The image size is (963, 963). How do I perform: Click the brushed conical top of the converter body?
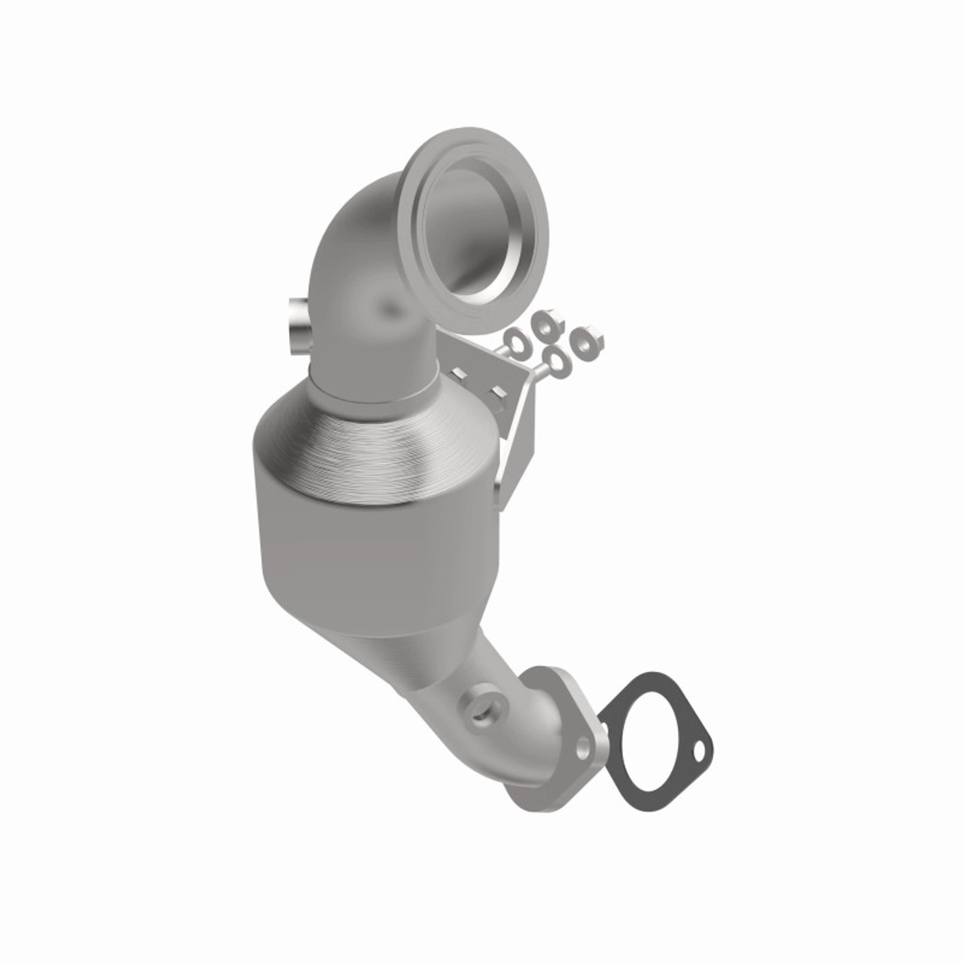tap(376, 444)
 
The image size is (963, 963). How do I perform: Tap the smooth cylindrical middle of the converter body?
tap(376, 557)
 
